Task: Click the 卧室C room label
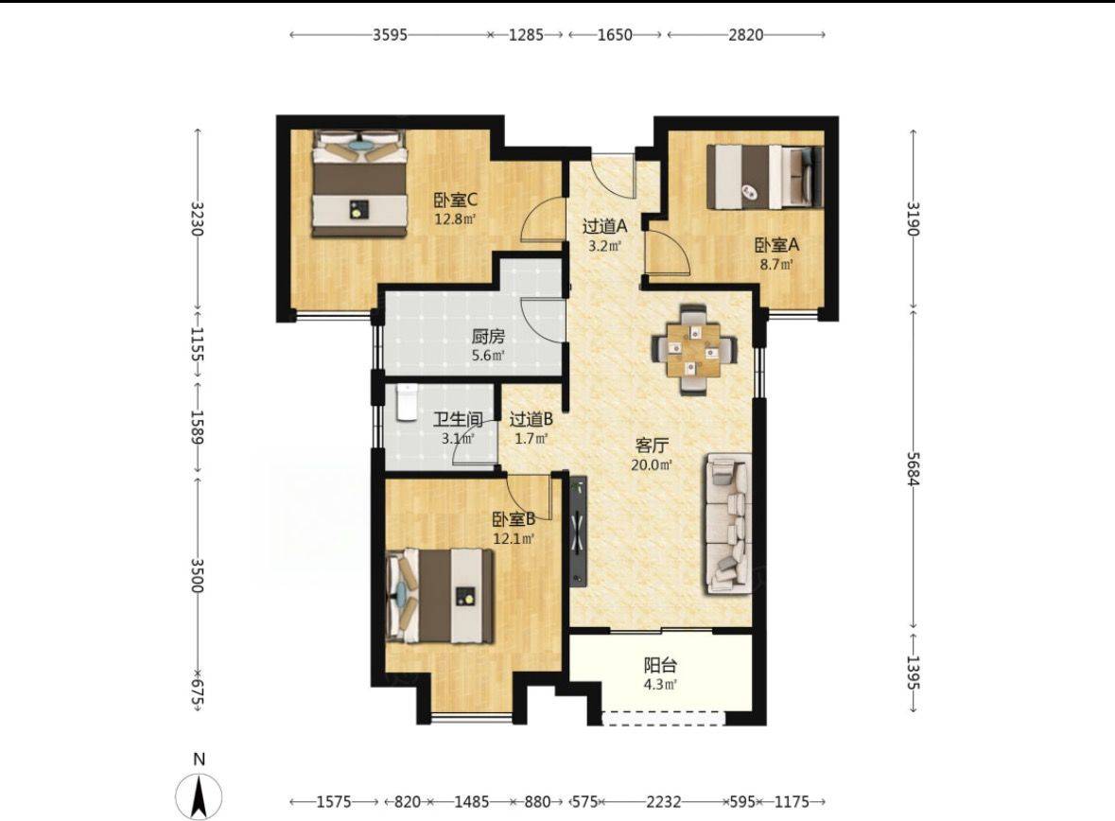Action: (x=456, y=201)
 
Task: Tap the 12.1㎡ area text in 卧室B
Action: (x=514, y=539)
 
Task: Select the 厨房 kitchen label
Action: (x=488, y=336)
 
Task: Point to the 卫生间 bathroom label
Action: (x=458, y=420)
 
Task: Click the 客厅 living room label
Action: (x=652, y=446)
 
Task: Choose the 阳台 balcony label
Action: (x=660, y=666)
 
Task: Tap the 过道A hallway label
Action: (x=604, y=227)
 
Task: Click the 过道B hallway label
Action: (x=531, y=420)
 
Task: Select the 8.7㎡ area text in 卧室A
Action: (x=776, y=265)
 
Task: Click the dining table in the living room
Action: (x=695, y=349)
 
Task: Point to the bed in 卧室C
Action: (x=359, y=183)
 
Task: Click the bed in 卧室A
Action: (x=764, y=177)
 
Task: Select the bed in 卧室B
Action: (x=440, y=596)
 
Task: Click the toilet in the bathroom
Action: (x=406, y=403)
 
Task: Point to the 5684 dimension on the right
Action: (x=913, y=468)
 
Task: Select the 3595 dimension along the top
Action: (x=391, y=34)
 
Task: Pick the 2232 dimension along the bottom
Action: (x=664, y=802)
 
